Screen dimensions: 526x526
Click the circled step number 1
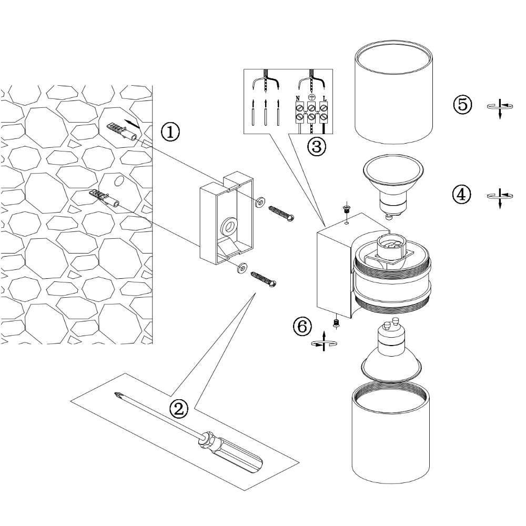tap(170, 132)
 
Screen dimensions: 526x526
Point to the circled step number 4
tap(461, 195)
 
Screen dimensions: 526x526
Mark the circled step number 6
tap(302, 327)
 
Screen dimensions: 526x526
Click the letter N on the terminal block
tap(298, 98)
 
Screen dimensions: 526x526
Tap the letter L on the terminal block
tap(325, 98)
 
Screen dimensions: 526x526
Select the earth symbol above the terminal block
tap(311, 97)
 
